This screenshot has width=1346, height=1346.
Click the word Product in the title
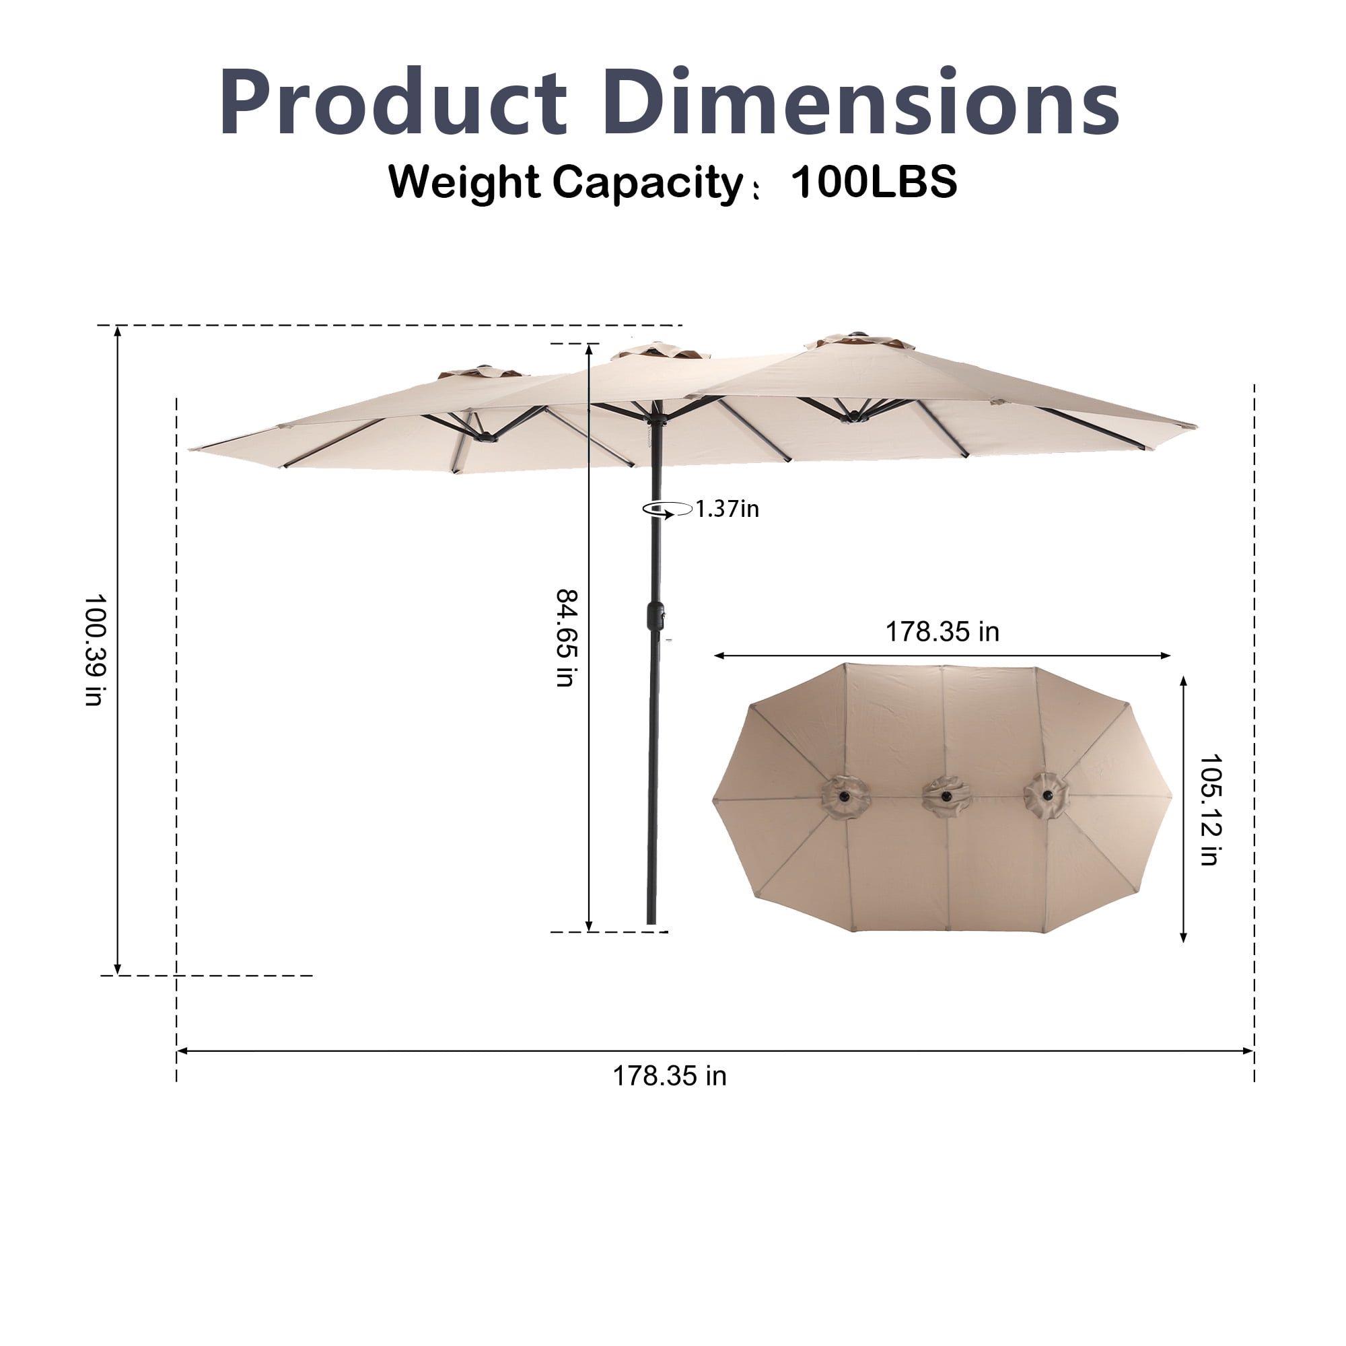(393, 101)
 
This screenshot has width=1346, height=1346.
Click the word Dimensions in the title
(861, 101)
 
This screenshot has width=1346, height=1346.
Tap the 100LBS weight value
(874, 182)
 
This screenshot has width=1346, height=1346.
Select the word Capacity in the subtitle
(648, 184)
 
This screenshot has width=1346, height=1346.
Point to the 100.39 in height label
(95, 650)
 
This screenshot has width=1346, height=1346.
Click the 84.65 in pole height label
(567, 638)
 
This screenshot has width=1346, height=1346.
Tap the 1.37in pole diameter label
(728, 509)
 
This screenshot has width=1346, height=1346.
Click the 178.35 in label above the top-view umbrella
(943, 632)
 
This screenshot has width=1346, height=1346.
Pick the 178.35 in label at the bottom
(670, 1076)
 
